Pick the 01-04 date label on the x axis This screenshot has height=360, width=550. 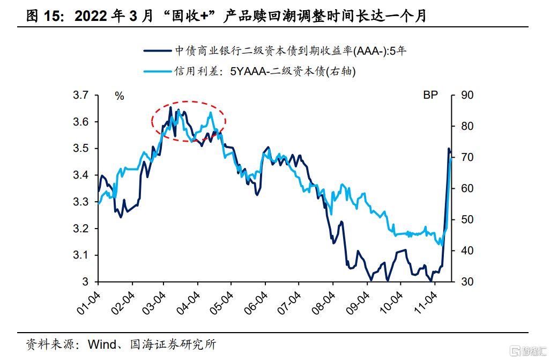tap(89, 302)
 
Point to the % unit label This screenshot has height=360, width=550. tap(119, 97)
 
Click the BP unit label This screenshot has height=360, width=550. tap(430, 96)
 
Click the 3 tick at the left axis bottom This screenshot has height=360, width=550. tap(85, 282)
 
